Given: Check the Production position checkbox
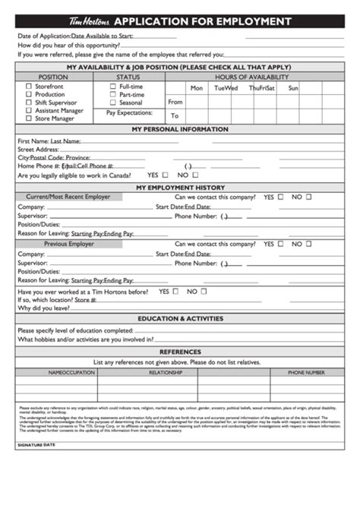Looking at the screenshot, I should [x=29, y=95].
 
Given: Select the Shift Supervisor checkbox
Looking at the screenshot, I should [x=29, y=103].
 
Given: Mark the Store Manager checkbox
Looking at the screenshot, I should [x=29, y=118].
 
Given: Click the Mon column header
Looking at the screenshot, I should [x=197, y=88].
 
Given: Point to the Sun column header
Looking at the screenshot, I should [x=293, y=88].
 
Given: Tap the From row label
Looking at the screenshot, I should [x=175, y=102].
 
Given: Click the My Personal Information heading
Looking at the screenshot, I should [x=179, y=129].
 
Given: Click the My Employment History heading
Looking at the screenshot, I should [x=180, y=187].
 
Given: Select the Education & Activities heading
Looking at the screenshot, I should [x=180, y=319].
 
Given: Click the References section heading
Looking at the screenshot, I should [x=180, y=352].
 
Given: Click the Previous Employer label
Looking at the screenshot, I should [x=69, y=245].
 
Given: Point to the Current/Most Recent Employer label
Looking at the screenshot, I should [x=69, y=197].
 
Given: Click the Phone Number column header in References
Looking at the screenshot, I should [x=306, y=373].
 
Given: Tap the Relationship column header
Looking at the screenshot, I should [x=166, y=373].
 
